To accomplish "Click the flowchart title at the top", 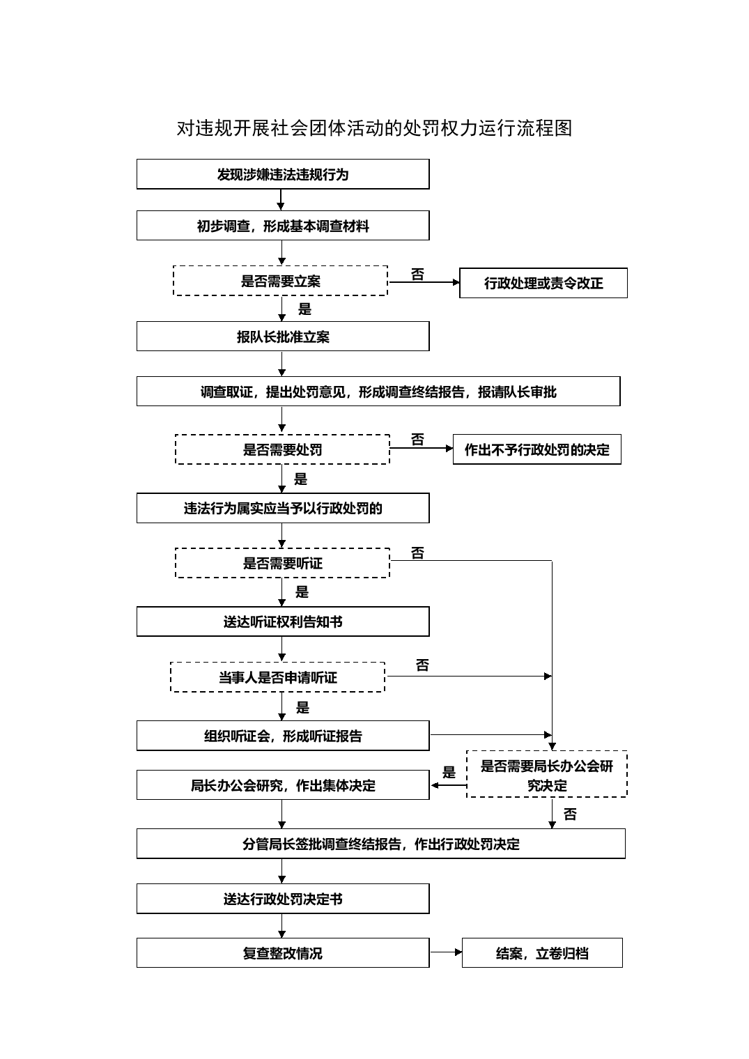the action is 374,128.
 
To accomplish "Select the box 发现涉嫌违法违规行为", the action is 283,174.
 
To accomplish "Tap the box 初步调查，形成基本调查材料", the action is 283,226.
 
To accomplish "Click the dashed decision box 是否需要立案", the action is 280,281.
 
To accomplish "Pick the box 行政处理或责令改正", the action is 543,283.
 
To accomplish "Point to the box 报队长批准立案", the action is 283,336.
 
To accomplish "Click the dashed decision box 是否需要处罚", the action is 282,449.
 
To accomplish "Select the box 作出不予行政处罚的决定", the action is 536,449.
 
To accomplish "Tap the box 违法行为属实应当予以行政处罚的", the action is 283,508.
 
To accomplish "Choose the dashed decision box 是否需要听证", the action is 282,563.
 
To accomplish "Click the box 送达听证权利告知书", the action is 283,621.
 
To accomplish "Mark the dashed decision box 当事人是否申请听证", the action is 277,677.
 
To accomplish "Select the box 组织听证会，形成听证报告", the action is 283,736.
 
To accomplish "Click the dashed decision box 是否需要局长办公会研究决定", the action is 547,774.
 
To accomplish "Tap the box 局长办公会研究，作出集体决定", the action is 283,784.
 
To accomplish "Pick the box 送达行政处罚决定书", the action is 283,898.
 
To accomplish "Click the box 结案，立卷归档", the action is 542,952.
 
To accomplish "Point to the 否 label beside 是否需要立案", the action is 417,275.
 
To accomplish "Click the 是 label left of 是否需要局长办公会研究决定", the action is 449,772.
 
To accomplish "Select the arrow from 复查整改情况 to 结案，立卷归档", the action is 446,952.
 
